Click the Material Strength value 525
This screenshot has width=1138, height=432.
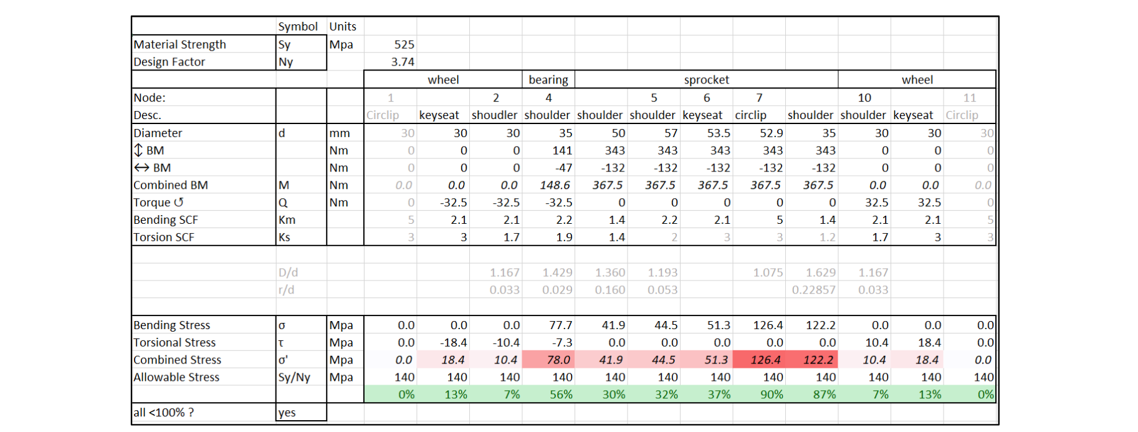[404, 44]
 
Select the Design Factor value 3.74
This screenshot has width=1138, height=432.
[403, 62]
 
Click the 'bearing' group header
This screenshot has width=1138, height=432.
[548, 80]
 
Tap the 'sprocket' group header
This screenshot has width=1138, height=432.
[706, 80]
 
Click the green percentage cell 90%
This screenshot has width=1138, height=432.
[772, 395]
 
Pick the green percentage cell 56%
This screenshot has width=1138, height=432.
[561, 395]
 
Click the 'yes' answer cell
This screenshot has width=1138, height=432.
[287, 412]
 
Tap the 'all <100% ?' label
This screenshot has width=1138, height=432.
[163, 412]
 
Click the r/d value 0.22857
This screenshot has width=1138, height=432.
[813, 290]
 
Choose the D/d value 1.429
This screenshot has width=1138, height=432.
[557, 272]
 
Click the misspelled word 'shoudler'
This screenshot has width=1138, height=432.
[494, 115]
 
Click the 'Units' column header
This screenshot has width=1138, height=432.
[343, 26]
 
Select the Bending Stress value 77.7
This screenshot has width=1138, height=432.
[560, 325]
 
